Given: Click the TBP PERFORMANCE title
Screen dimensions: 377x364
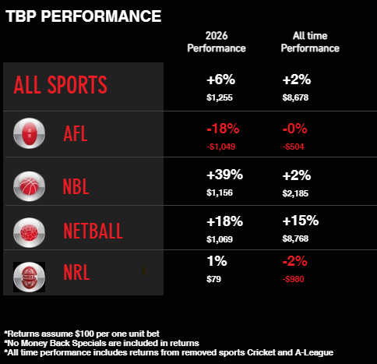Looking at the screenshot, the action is (x=83, y=16).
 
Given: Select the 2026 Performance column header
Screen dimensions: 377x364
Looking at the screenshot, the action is (x=217, y=42).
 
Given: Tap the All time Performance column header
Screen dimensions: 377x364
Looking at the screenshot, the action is (x=310, y=42).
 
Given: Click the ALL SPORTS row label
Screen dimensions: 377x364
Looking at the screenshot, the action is (x=60, y=85).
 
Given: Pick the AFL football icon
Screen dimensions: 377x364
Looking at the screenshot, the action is (x=29, y=133).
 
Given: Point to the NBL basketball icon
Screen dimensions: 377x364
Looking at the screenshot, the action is (x=29, y=186).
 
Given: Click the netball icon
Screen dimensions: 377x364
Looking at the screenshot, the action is (x=29, y=232).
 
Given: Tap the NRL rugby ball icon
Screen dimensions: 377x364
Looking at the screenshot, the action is (x=29, y=277).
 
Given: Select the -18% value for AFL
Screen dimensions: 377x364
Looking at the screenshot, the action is (x=223, y=129).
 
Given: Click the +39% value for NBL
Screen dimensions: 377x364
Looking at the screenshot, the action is (x=224, y=175).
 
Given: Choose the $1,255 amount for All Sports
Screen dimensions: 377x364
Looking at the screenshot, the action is (x=220, y=97).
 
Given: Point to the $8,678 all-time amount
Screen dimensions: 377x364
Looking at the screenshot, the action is (x=295, y=97).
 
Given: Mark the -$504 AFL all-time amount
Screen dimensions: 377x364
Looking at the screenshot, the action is (x=293, y=147).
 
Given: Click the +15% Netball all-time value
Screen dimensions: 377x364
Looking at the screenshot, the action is (x=301, y=221).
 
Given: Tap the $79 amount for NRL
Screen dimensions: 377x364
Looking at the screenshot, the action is (x=213, y=279).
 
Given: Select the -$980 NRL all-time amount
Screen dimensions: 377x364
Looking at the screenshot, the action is (x=293, y=279).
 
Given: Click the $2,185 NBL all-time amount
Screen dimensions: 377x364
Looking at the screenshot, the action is (x=295, y=193).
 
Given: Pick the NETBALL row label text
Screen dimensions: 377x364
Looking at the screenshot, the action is (x=93, y=231).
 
